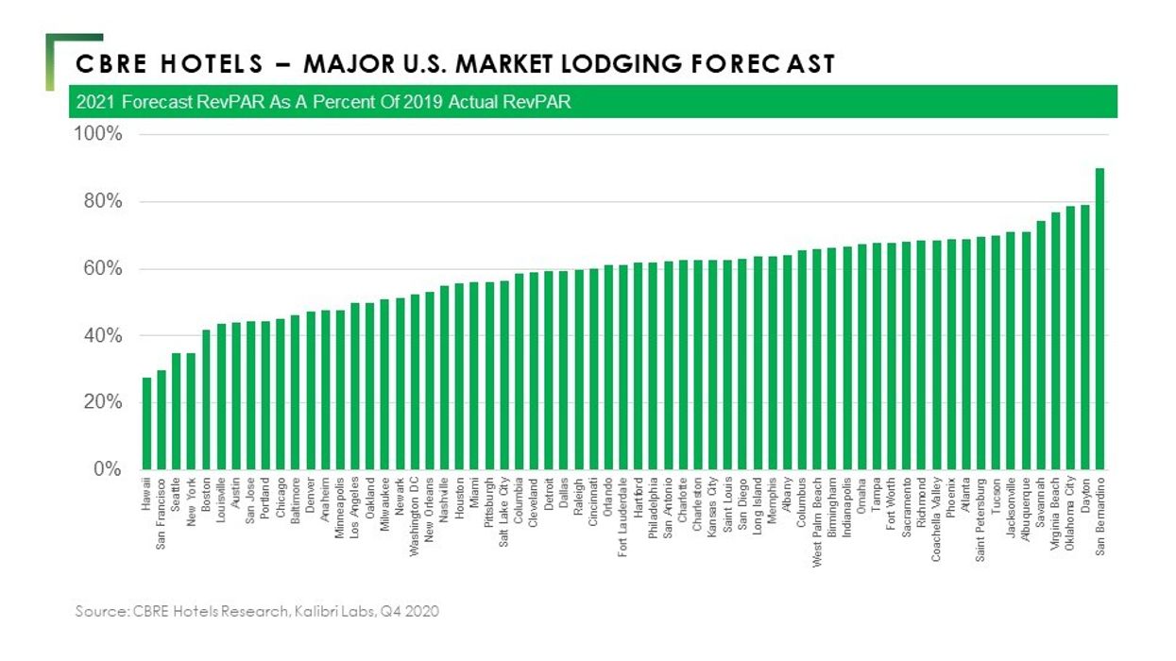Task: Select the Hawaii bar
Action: coord(146,424)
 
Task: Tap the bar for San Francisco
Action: coord(162,420)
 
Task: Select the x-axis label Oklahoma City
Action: coord(1070,515)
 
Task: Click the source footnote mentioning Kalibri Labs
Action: coord(257,612)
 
